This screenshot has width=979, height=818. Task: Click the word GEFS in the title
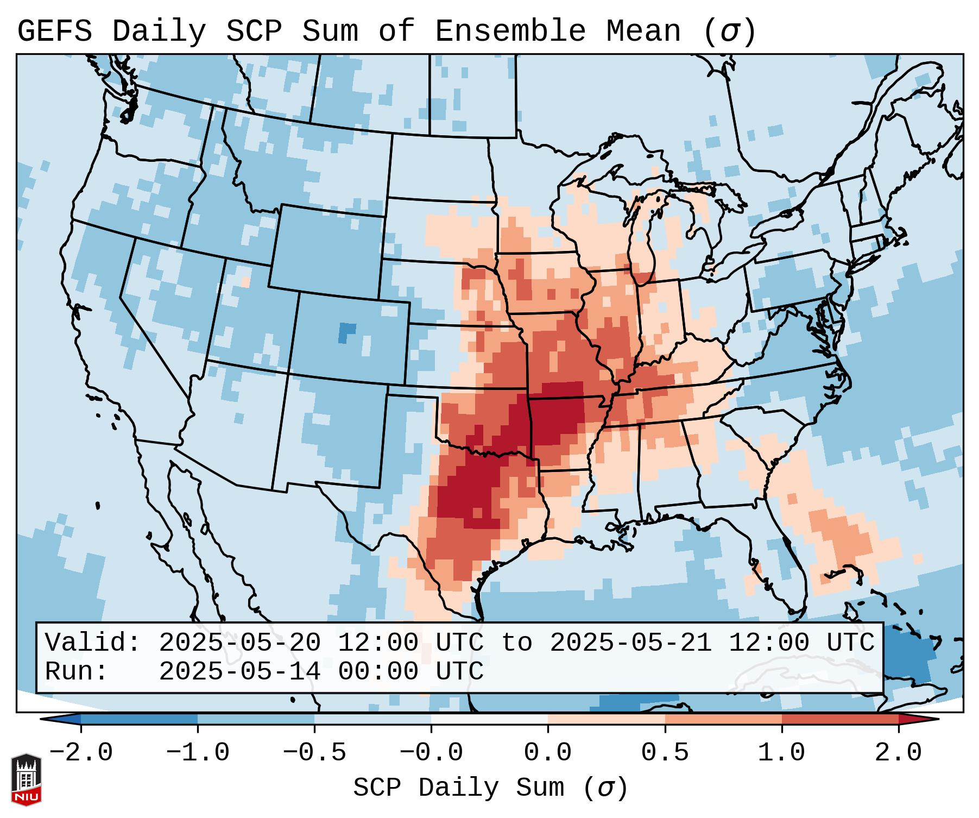coord(54,32)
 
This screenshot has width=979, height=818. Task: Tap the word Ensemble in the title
coord(510,32)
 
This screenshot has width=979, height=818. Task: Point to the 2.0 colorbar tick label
coord(898,753)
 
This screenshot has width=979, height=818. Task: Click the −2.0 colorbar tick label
coord(81,753)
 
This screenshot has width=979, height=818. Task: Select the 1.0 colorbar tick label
coord(781,753)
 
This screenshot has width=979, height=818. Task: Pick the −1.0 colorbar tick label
coord(198,753)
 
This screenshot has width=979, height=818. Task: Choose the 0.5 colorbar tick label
coord(665,753)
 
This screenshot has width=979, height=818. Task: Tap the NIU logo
coord(26,779)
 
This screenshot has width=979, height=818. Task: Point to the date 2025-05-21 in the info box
coord(630,643)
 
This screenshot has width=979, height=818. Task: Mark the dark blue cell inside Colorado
coord(346,331)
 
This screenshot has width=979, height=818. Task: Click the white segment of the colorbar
coord(489,719)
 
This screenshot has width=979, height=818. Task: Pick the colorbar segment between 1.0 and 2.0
coord(840,719)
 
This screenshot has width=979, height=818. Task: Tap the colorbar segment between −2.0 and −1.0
coord(139,719)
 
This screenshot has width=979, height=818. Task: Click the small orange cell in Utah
coord(245,282)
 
